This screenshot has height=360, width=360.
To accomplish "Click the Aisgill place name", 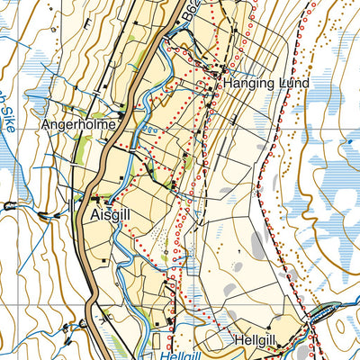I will (x=114, y=216).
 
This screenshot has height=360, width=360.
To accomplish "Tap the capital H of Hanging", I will (x=228, y=83).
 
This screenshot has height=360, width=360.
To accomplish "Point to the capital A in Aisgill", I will (x=96, y=216).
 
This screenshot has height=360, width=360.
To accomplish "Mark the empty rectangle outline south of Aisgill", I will (x=154, y=342).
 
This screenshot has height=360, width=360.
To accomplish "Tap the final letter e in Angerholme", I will (x=112, y=124).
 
